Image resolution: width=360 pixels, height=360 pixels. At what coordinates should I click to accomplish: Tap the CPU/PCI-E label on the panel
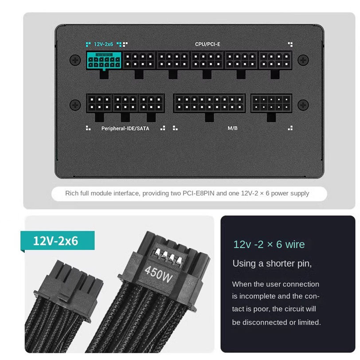(207, 44)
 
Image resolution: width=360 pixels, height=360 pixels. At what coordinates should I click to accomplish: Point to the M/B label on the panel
(232, 128)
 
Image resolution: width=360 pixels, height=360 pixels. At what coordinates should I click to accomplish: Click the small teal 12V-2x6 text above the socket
(103, 44)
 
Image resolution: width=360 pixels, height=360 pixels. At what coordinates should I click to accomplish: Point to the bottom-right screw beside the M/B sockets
(303, 105)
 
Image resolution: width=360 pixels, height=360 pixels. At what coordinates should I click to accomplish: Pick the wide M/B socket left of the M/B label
(209, 103)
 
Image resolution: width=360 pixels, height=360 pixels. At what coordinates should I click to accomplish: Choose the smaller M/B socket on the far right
(271, 103)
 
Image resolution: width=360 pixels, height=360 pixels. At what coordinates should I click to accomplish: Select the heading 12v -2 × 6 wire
(269, 244)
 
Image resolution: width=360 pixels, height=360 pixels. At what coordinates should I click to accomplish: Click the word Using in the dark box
(244, 263)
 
